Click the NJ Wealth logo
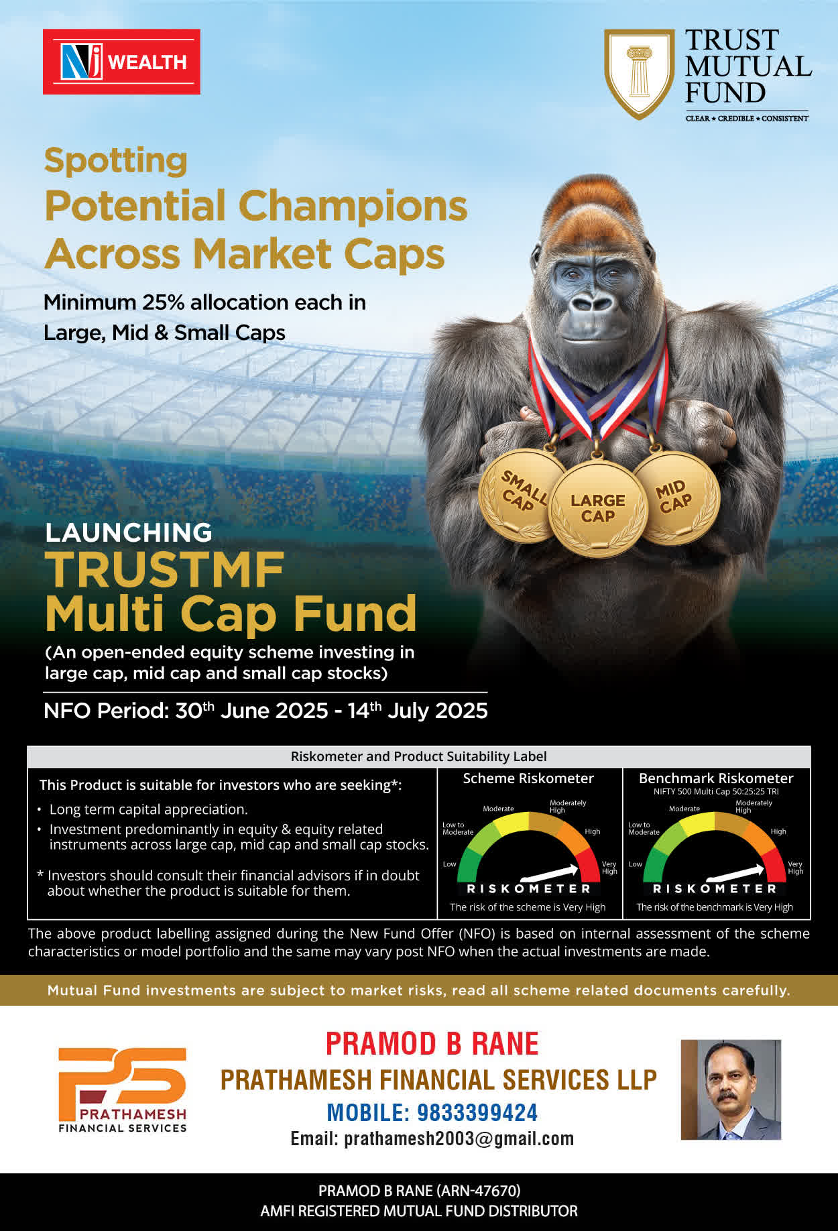121,62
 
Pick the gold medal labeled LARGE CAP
597,508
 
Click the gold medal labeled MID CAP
676,497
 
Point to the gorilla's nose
591,302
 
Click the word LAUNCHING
128,532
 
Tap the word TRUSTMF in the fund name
165,571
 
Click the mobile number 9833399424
477,1113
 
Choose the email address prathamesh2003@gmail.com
459,1139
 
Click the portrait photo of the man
731,1090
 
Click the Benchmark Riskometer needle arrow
735,872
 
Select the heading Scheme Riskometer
528,778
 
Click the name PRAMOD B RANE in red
432,1044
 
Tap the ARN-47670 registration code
478,1191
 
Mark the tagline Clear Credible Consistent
747,118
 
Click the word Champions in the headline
353,205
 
